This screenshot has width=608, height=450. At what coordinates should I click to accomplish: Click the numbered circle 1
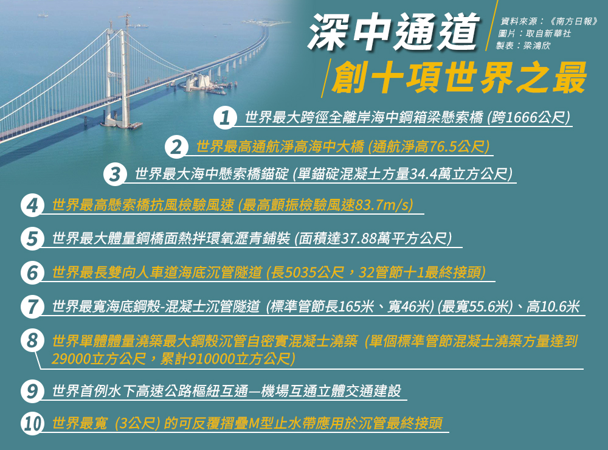[225, 117]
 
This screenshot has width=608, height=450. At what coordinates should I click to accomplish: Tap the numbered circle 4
[32, 205]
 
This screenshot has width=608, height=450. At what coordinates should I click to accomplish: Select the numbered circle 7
[32, 307]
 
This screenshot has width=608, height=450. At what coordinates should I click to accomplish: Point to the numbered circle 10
[32, 423]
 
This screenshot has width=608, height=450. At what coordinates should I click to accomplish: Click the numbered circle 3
[115, 174]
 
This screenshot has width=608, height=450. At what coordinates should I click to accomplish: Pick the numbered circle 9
[32, 390]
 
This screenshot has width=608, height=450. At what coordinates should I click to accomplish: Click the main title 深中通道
[394, 32]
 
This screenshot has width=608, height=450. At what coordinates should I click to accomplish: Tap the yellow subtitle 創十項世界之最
[459, 78]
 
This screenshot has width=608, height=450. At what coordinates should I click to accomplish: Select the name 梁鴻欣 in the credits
[537, 46]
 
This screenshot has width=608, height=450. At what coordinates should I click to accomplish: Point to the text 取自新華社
[548, 33]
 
